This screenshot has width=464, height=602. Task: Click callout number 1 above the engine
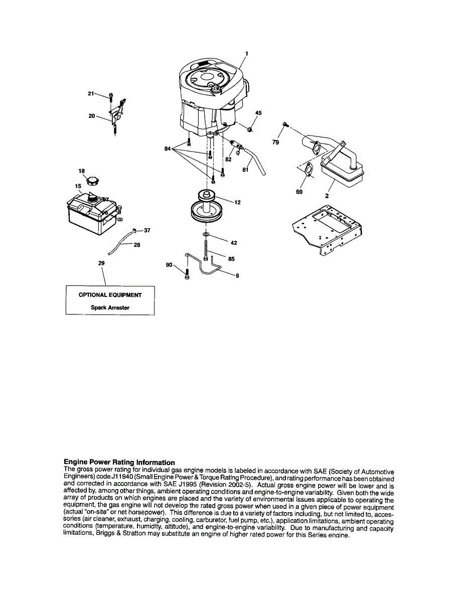click(246, 53)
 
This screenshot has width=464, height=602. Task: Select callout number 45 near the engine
click(258, 113)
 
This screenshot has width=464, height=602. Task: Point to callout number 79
click(275, 142)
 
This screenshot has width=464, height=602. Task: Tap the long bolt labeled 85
click(206, 250)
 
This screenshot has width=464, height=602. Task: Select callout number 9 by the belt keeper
click(237, 275)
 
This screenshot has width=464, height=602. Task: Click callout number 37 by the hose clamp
click(147, 231)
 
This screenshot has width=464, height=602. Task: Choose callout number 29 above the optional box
click(102, 263)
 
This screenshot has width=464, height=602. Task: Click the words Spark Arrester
click(110, 308)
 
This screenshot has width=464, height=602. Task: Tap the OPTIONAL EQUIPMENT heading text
click(110, 295)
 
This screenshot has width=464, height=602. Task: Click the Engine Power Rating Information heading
click(119, 462)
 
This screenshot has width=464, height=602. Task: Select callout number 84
click(168, 148)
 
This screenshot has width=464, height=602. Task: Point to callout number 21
click(91, 93)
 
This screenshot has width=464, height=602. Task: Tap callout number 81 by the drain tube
click(245, 170)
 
